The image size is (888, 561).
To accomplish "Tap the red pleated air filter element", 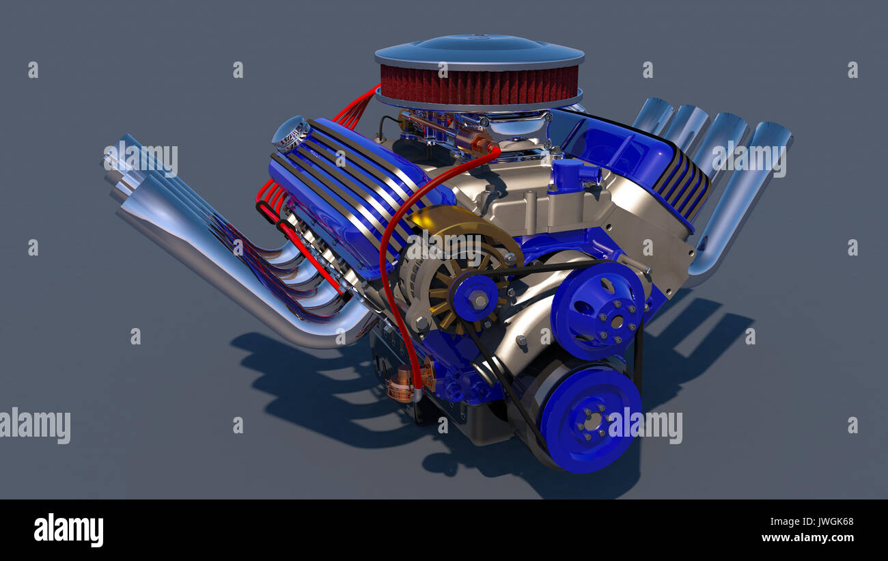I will tap(478, 85).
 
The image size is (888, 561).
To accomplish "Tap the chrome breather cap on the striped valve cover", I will tap(291, 133).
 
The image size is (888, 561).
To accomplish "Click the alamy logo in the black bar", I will tap(68, 530).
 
